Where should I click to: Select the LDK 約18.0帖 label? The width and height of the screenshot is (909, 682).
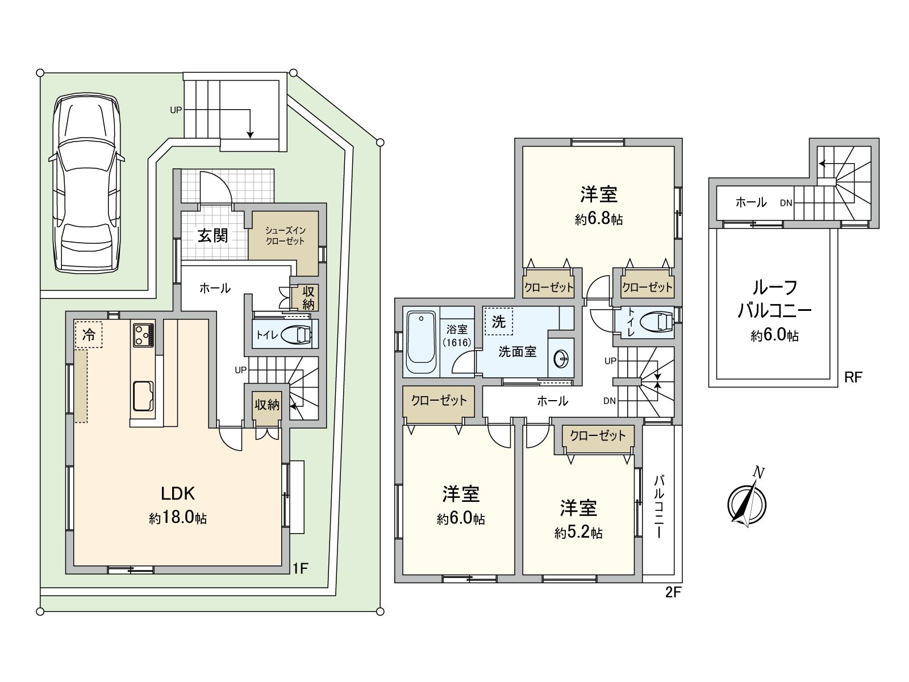coord(178,505)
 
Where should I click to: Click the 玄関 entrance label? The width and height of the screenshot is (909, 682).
coord(213,235)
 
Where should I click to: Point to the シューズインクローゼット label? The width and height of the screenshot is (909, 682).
coord(285,235)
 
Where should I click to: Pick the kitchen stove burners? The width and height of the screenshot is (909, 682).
coord(143,335)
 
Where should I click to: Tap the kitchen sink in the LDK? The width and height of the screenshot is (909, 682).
coord(143,395)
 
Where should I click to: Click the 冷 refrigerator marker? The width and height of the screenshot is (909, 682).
coord(88,335)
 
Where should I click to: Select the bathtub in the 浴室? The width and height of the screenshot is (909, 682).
coord(421,341)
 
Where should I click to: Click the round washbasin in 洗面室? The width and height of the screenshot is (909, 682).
coord(561,358)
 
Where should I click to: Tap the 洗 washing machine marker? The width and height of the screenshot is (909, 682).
coord(498,322)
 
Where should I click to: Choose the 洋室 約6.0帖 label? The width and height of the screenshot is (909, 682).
coord(461,505)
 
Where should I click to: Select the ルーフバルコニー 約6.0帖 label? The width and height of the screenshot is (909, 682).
coord(774,311)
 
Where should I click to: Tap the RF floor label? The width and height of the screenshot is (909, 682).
coord(853,377)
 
